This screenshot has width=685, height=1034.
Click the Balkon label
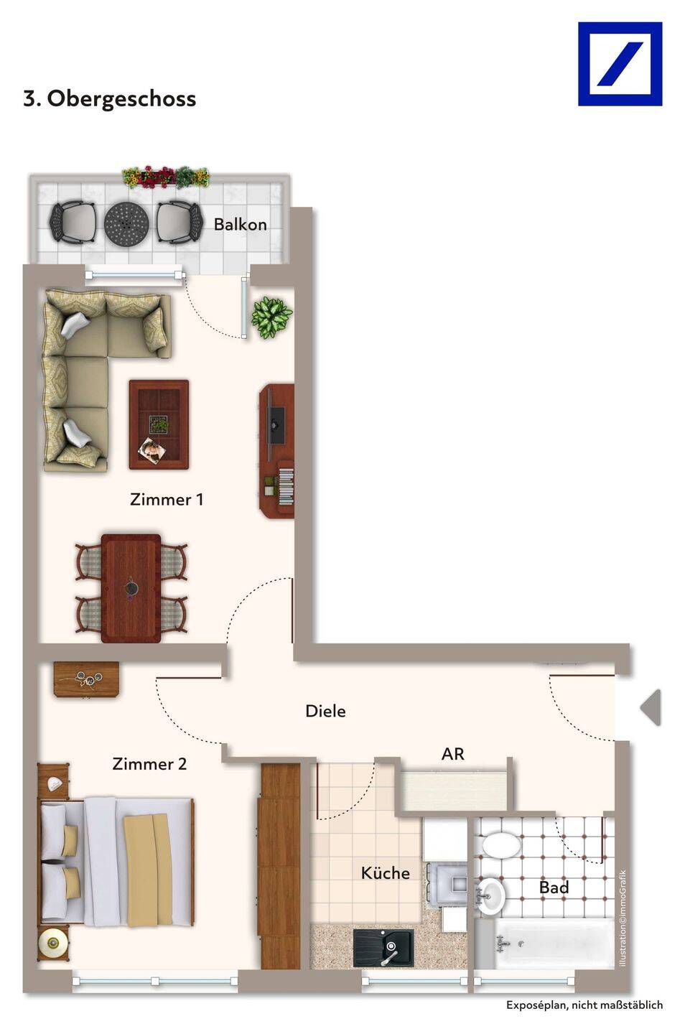[240, 224]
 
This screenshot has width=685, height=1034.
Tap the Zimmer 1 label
[167, 499]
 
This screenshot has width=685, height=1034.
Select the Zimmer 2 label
[149, 764]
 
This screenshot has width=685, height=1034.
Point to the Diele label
[325, 711]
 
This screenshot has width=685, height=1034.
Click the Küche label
[386, 872]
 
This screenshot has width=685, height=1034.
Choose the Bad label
[554, 888]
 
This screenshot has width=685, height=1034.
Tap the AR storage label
[453, 754]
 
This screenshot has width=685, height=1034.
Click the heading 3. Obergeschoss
[110, 99]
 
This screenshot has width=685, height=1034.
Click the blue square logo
[620, 64]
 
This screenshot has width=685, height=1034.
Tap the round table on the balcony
[126, 223]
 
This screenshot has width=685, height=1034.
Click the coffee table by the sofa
[159, 424]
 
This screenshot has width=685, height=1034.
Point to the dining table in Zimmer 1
[131, 588]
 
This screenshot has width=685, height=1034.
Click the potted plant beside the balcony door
[271, 317]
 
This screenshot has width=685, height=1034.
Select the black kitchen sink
[383, 948]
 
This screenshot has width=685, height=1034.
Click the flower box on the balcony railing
[166, 177]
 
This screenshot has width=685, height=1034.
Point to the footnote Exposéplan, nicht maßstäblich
[584, 1005]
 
